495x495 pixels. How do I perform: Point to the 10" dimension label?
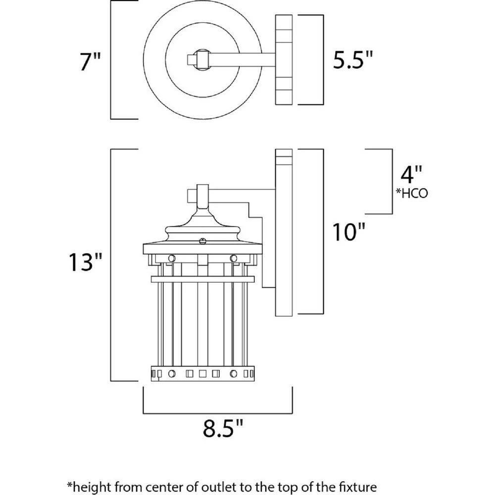click(348, 231)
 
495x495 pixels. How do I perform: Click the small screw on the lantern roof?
click(202, 241)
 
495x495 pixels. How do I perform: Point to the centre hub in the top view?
click(201, 60)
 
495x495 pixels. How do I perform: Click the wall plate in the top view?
click(284, 60)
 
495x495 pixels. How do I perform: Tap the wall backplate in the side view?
click(284, 233)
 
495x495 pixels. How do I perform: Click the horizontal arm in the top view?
click(238, 60)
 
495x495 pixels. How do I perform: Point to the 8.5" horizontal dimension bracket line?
click(218, 412)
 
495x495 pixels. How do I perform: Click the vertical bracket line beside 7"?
click(111, 60)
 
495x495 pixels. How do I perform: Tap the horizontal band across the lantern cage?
click(202, 280)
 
